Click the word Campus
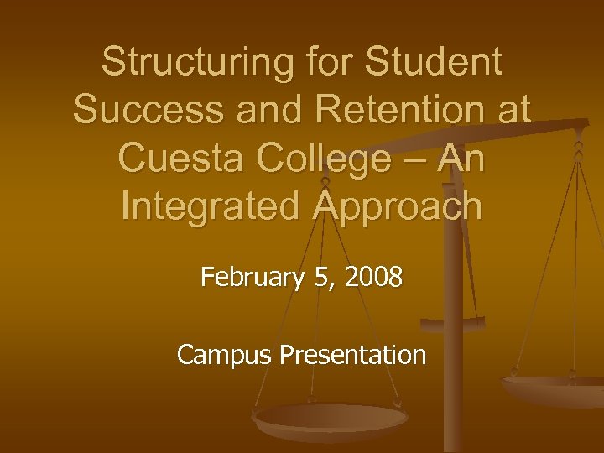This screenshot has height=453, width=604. pos(225,355)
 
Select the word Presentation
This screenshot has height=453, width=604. pos(352,355)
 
